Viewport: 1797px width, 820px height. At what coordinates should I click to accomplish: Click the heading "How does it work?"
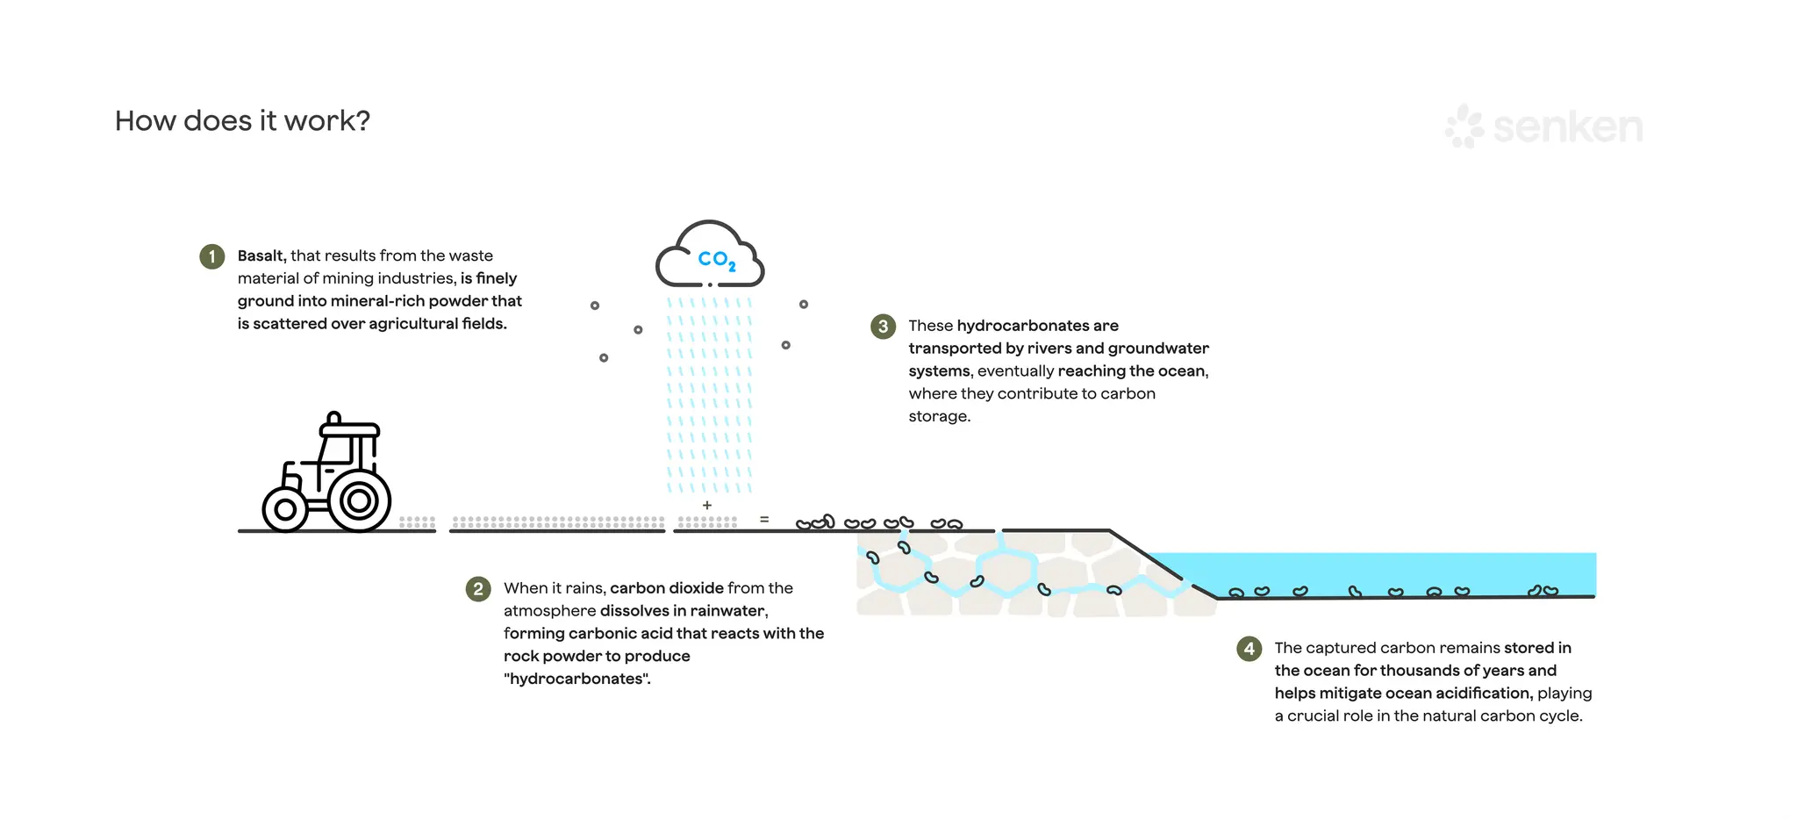point(242,121)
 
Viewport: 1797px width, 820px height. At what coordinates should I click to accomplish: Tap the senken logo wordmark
point(1567,127)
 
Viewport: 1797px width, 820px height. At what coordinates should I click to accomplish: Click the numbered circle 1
point(212,256)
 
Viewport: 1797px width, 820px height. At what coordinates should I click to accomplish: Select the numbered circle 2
point(478,588)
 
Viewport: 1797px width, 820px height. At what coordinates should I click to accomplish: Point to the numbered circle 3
point(883,327)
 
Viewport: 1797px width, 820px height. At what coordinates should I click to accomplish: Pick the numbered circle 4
point(1249,649)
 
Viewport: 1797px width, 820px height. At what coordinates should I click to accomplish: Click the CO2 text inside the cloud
point(716,260)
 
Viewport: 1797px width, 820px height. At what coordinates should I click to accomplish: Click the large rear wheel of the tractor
point(358,501)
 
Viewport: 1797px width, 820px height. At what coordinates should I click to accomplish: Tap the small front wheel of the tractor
point(284,509)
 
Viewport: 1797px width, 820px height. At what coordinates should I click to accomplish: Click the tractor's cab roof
point(349,430)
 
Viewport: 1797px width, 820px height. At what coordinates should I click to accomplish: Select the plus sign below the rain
point(707,506)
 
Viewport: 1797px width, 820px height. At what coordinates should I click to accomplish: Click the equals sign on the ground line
point(764,520)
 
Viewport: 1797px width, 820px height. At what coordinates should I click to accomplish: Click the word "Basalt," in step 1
point(261,256)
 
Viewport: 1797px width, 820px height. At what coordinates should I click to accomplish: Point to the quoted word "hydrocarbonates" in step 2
point(576,679)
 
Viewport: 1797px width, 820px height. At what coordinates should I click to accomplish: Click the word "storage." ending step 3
point(939,416)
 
